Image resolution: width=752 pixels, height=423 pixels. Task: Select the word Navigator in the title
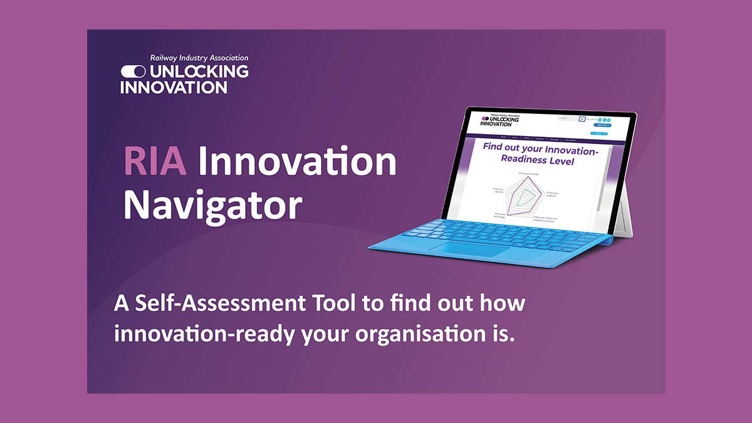(213, 204)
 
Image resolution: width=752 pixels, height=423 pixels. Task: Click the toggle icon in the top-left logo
(133, 71)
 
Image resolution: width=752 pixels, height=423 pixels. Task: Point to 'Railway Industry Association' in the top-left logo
(199, 58)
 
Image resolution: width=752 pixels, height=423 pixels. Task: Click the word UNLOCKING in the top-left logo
(199, 71)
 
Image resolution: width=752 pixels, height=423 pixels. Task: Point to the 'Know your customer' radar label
(551, 195)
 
